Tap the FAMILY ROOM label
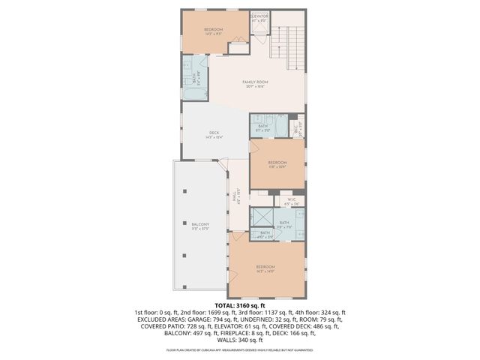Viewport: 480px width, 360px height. tap(255, 83)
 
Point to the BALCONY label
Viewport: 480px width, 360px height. tap(199, 226)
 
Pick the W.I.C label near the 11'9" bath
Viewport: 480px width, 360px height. tap(292, 201)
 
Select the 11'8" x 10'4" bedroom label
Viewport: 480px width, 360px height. tap(277, 165)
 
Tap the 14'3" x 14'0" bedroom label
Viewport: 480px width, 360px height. tap(265, 268)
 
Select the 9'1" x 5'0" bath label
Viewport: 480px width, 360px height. tap(262, 128)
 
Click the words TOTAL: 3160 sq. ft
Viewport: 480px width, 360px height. tap(240, 305)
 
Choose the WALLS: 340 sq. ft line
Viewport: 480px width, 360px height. tap(240, 340)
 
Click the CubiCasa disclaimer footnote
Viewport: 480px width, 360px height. tap(240, 349)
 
